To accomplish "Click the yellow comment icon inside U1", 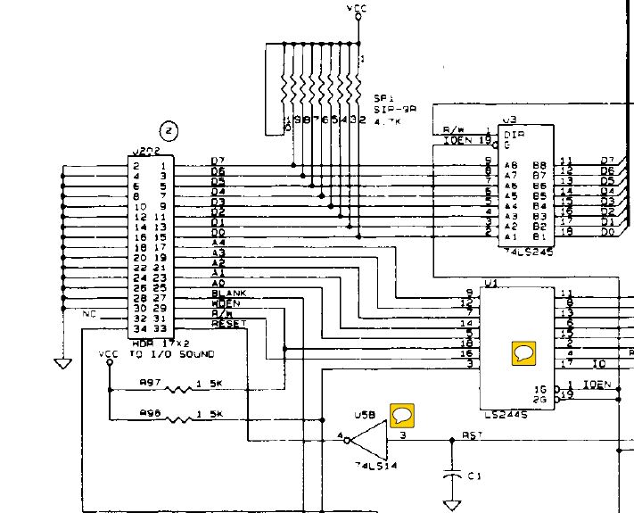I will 523,352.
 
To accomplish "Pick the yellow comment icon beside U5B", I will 403,414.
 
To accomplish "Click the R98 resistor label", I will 151,412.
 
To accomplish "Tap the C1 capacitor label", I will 474,475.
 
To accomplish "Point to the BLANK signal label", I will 228,294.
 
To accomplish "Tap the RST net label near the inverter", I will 472,435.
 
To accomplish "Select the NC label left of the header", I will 88,314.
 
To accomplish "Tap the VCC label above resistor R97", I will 108,354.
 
